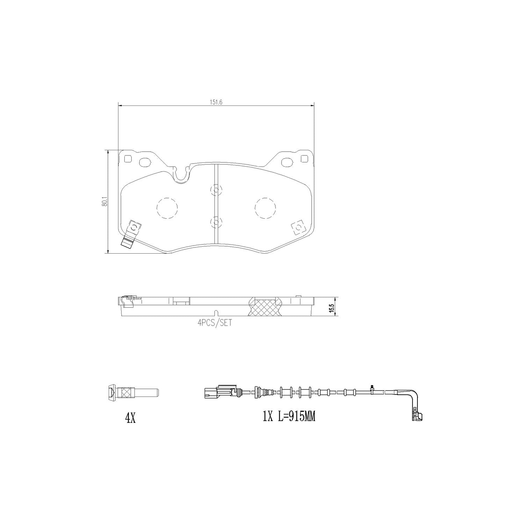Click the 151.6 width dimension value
217,102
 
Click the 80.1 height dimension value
104,202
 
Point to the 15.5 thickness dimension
332,307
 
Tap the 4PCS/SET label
214,323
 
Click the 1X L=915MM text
289,416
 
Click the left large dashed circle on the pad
167,209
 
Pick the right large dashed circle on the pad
265,209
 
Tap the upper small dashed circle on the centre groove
216,190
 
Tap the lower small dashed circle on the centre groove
216,221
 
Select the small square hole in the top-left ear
128,159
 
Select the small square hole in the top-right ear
304,159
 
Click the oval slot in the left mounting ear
144,162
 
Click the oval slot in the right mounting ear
288,162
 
